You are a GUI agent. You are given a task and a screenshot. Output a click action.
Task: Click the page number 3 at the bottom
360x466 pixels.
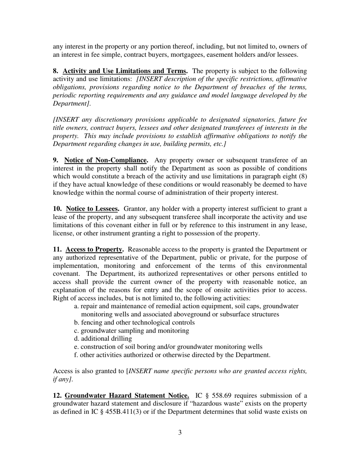pyautogui.click(x=180, y=432)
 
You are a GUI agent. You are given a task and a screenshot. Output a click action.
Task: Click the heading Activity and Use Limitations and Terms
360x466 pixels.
pyautogui.click(x=125, y=71)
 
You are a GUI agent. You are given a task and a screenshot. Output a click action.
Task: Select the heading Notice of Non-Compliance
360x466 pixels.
pyautogui.click(x=106, y=160)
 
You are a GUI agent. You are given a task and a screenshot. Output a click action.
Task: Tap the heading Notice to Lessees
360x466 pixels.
pyautogui.click(x=92, y=209)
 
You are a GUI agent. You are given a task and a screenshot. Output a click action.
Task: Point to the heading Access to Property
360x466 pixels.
pyautogui.click(x=94, y=249)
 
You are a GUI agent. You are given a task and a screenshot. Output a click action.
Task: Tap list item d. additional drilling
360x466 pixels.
pyautogui.click(x=103, y=338)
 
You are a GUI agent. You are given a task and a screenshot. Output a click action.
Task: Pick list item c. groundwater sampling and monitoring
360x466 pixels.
pyautogui.click(x=131, y=330)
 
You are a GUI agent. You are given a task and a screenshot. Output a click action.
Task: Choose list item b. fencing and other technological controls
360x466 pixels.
pyautogui.click(x=135, y=322)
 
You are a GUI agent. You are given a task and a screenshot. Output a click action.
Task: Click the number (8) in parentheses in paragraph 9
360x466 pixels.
pyautogui.click(x=303, y=176)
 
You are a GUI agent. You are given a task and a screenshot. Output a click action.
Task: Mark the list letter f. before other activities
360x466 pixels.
pyautogui.click(x=76, y=355)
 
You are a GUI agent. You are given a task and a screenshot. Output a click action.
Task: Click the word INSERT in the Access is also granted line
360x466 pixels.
pyautogui.click(x=141, y=371)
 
